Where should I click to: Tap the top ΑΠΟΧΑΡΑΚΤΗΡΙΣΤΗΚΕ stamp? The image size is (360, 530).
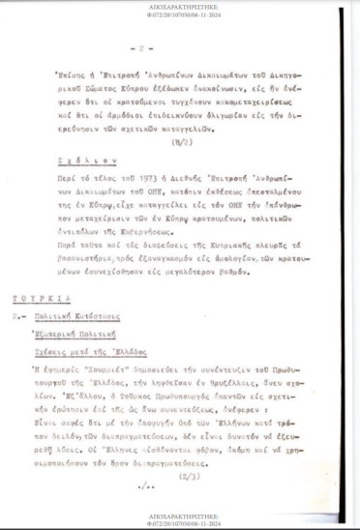coord(179,5)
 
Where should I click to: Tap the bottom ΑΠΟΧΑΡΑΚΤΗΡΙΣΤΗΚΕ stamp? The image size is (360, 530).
coord(179,516)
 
